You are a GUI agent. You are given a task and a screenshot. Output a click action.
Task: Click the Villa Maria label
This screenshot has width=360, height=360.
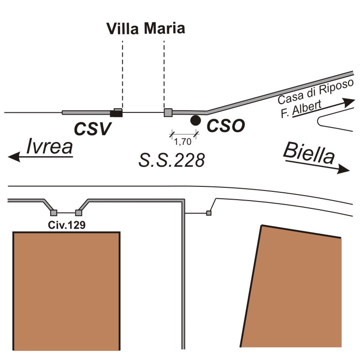pos(146,28)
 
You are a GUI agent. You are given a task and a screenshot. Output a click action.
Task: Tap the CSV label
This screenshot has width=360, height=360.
pos(93,129)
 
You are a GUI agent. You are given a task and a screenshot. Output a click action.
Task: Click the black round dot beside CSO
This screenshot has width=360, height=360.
pos(196,120)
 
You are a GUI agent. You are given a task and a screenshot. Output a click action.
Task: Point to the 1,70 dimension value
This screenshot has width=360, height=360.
pos(183,141)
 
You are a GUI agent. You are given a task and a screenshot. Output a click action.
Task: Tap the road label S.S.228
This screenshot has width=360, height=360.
pos(171,160)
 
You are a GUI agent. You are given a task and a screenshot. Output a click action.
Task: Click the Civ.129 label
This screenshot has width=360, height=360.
pos(67,225)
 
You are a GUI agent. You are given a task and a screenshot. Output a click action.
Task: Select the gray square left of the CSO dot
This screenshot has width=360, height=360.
pos(168,112)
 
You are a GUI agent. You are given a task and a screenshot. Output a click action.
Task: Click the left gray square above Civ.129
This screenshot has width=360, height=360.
pos(53,212)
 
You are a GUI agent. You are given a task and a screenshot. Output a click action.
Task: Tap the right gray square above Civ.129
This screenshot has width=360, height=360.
pos(79,212)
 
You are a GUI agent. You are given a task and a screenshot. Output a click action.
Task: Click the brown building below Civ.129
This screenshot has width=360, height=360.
pos(67,291)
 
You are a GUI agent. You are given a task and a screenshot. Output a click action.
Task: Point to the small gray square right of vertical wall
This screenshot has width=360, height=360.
pos(209,213)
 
